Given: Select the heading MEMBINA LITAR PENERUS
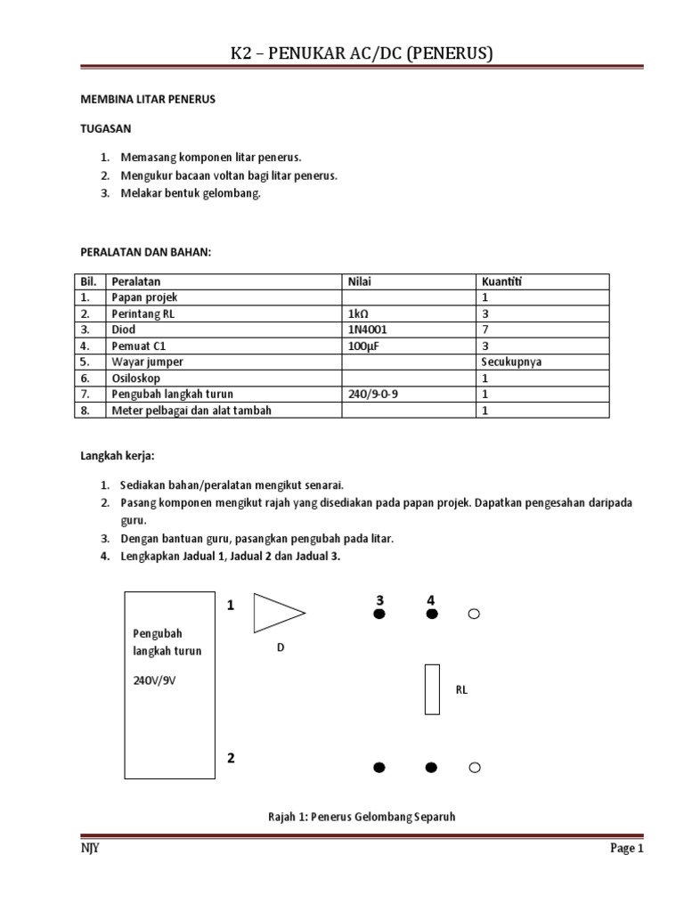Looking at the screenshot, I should click(x=148, y=100).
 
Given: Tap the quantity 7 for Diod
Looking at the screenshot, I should click(x=485, y=330).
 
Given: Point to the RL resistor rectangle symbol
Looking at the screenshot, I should click(x=432, y=689).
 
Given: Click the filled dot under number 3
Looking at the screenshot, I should click(x=379, y=615).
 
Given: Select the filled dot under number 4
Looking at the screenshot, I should click(x=432, y=615).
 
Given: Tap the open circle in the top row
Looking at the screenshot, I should click(x=474, y=615).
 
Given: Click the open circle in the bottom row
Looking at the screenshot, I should click(x=474, y=768).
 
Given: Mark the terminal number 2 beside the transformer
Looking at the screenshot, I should click(x=231, y=759).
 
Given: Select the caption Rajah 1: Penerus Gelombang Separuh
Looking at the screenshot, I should click(x=361, y=816).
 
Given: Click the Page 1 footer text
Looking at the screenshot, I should click(x=626, y=849).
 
